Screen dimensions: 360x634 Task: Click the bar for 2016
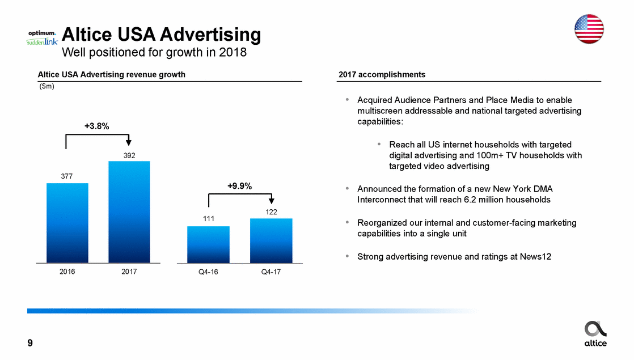[67, 223]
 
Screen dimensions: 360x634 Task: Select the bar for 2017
[129, 212]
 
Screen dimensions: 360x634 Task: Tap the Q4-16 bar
[208, 244]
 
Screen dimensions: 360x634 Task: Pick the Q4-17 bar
[271, 240]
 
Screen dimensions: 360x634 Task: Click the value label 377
[67, 176]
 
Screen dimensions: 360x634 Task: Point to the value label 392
[129, 155]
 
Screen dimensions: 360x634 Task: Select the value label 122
[271, 211]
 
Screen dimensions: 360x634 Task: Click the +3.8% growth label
[97, 126]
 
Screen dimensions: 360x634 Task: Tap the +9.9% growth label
[239, 185]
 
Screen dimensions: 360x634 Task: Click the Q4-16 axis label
[208, 272]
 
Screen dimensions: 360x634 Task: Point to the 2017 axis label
[129, 272]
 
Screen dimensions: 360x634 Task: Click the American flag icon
[589, 28]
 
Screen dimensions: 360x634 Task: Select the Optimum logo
[42, 33]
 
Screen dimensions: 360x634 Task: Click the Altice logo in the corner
[595, 333]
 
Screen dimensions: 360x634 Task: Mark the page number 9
[30, 343]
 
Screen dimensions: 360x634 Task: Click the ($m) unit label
[46, 87]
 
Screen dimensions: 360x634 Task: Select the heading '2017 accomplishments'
[382, 75]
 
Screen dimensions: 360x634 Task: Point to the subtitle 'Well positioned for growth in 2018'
[154, 53]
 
